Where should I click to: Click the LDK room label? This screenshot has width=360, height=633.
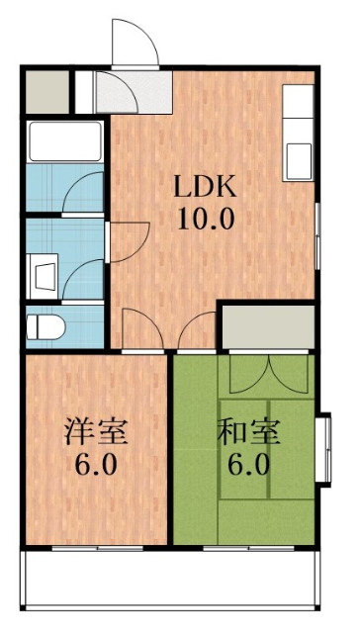click(x=205, y=186)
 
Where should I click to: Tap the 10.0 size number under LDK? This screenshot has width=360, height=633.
click(x=205, y=217)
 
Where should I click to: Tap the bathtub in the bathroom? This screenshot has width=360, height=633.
click(x=65, y=141)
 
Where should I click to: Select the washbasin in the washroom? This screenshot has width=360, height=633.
click(x=42, y=270)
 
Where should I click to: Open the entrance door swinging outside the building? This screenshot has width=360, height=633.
click(x=133, y=45)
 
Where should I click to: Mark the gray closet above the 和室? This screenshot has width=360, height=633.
click(x=267, y=326)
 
